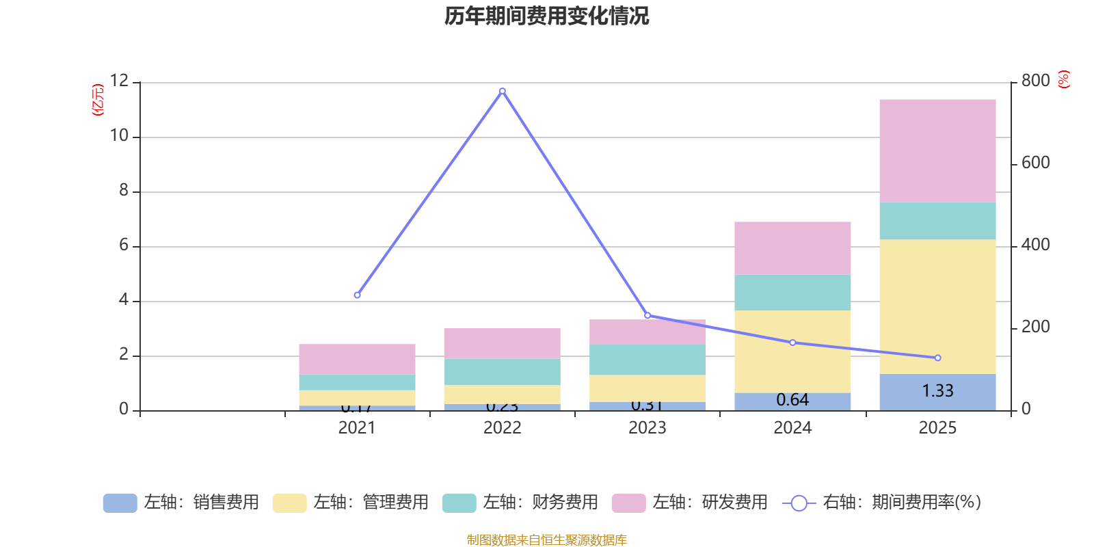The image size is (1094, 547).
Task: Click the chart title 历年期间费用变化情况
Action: [x=546, y=16]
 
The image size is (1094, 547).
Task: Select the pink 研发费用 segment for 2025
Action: [x=937, y=150]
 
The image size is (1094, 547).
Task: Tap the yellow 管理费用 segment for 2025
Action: [x=937, y=306]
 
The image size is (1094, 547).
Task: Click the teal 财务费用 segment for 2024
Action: [x=792, y=293]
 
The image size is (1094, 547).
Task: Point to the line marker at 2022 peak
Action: [x=503, y=91]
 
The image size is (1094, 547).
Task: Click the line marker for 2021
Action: [x=357, y=295]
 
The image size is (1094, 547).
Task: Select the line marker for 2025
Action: [x=937, y=358]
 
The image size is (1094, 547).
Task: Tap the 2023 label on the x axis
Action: [x=648, y=428]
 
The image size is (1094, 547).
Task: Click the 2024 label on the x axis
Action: [x=792, y=428]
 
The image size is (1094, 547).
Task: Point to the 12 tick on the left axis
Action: [x=119, y=81]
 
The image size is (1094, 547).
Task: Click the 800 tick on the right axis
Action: [x=1035, y=81]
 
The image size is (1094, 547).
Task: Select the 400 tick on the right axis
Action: [x=1035, y=245]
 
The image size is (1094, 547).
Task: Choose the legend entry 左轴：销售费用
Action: [x=182, y=503]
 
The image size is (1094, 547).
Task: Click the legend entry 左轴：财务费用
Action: [x=521, y=503]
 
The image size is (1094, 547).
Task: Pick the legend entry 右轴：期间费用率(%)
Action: [x=882, y=503]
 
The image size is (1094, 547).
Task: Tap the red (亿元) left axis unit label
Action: [x=98, y=100]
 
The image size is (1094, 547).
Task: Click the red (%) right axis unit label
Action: [x=1063, y=79]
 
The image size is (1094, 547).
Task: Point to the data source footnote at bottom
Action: [x=546, y=540]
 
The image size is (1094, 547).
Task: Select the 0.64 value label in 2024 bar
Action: [x=792, y=400]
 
